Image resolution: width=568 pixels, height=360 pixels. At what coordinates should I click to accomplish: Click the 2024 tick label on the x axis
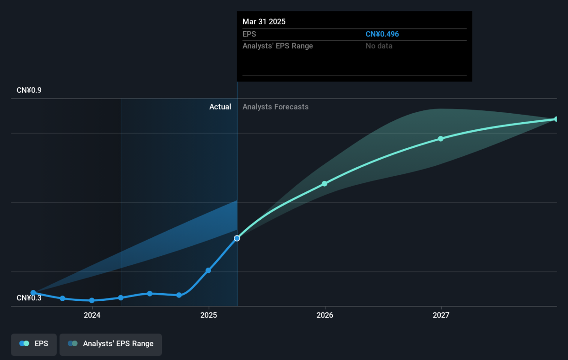pyautogui.click(x=92, y=315)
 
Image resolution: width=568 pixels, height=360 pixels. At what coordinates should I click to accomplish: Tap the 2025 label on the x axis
pyautogui.click(x=208, y=315)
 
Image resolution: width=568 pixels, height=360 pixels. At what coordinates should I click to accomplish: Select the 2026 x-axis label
pyautogui.click(x=325, y=315)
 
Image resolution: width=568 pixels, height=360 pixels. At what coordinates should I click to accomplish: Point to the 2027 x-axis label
pyautogui.click(x=441, y=315)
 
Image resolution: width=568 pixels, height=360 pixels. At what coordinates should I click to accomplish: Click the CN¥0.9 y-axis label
pyautogui.click(x=29, y=90)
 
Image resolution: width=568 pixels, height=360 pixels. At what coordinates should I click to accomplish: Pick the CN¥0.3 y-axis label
pyautogui.click(x=29, y=298)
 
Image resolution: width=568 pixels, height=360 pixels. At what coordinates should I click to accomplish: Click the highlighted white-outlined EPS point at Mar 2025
pyautogui.click(x=237, y=238)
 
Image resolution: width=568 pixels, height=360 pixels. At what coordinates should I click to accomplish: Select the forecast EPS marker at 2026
pyautogui.click(x=325, y=183)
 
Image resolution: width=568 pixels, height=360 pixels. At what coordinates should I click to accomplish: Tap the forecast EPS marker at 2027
pyautogui.click(x=441, y=138)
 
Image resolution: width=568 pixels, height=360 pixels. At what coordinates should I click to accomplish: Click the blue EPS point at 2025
pyautogui.click(x=208, y=270)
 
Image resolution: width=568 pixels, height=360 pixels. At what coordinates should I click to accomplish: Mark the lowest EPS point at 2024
pyautogui.click(x=92, y=300)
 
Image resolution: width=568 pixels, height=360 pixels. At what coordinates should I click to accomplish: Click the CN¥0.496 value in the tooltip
pyautogui.click(x=382, y=34)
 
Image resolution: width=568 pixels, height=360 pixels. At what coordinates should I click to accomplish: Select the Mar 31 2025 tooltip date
pyautogui.click(x=264, y=22)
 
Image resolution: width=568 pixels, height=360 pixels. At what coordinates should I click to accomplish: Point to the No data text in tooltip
pyautogui.click(x=379, y=46)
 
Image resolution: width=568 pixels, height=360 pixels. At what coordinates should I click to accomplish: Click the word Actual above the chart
pyautogui.click(x=220, y=107)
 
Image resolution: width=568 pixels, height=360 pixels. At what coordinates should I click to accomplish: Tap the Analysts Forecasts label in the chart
pyautogui.click(x=275, y=107)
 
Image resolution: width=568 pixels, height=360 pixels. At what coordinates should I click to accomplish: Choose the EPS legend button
pyautogui.click(x=34, y=344)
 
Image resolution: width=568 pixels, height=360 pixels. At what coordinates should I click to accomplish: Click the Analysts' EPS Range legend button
pyautogui.click(x=111, y=344)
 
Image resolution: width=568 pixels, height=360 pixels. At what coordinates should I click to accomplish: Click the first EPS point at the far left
pyautogui.click(x=33, y=293)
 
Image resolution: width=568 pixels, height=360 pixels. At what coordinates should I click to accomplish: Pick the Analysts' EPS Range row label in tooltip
pyautogui.click(x=278, y=46)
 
